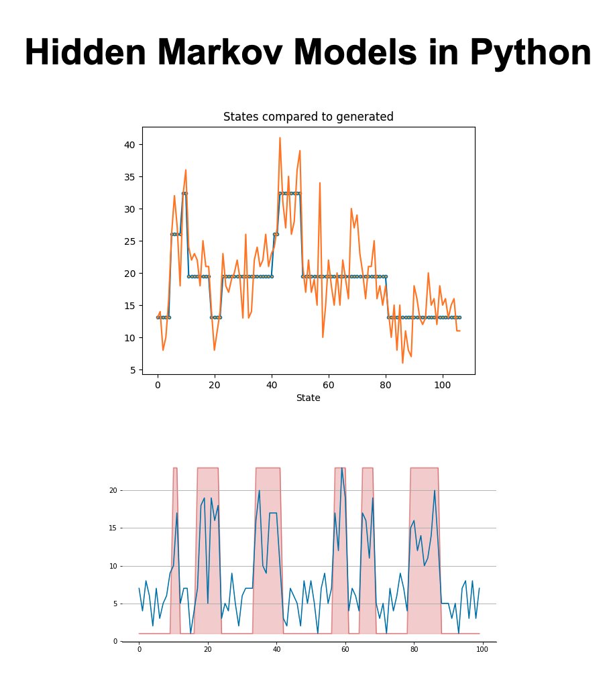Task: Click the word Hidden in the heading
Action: [86, 53]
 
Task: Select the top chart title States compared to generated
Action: [308, 117]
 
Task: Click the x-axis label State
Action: [308, 398]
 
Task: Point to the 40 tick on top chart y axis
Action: [129, 145]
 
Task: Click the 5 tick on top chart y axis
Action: [132, 369]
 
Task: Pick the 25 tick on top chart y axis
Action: [129, 241]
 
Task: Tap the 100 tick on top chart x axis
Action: [442, 386]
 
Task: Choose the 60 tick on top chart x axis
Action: [329, 386]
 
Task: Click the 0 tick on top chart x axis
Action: [158, 386]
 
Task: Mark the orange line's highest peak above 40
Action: [280, 138]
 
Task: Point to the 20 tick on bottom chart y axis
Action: [113, 490]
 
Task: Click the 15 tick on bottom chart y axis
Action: [113, 528]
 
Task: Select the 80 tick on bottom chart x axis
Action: [414, 649]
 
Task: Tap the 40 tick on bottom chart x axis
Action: [276, 649]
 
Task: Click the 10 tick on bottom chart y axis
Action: [113, 566]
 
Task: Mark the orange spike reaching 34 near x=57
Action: [320, 183]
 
